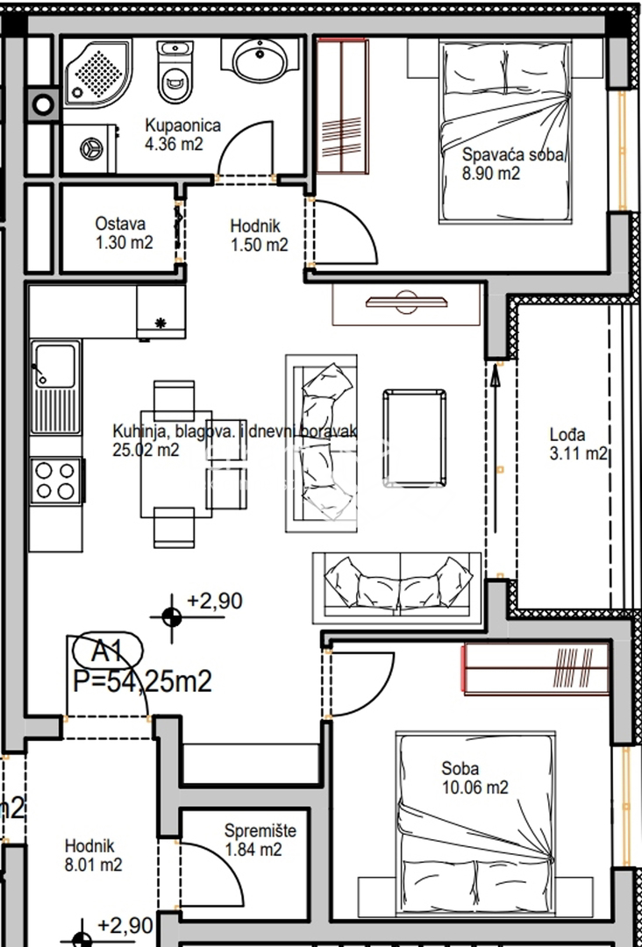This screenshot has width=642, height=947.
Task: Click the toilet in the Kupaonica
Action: coord(174,74)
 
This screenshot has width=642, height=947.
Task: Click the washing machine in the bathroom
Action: coord(90,148)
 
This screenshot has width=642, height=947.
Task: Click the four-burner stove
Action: coord(55,481)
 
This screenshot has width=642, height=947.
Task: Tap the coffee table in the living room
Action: coord(414,438)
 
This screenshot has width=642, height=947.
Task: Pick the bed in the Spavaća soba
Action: coord(505,132)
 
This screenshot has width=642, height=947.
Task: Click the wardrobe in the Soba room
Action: coord(536,669)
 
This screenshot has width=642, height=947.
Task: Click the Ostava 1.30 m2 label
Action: coord(123,233)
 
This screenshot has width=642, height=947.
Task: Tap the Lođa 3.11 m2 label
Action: coord(577,444)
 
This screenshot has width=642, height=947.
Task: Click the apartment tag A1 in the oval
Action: coord(106,652)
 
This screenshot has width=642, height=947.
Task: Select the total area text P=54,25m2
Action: coord(142,681)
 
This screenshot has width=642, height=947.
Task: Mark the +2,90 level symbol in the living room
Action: coord(172,616)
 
